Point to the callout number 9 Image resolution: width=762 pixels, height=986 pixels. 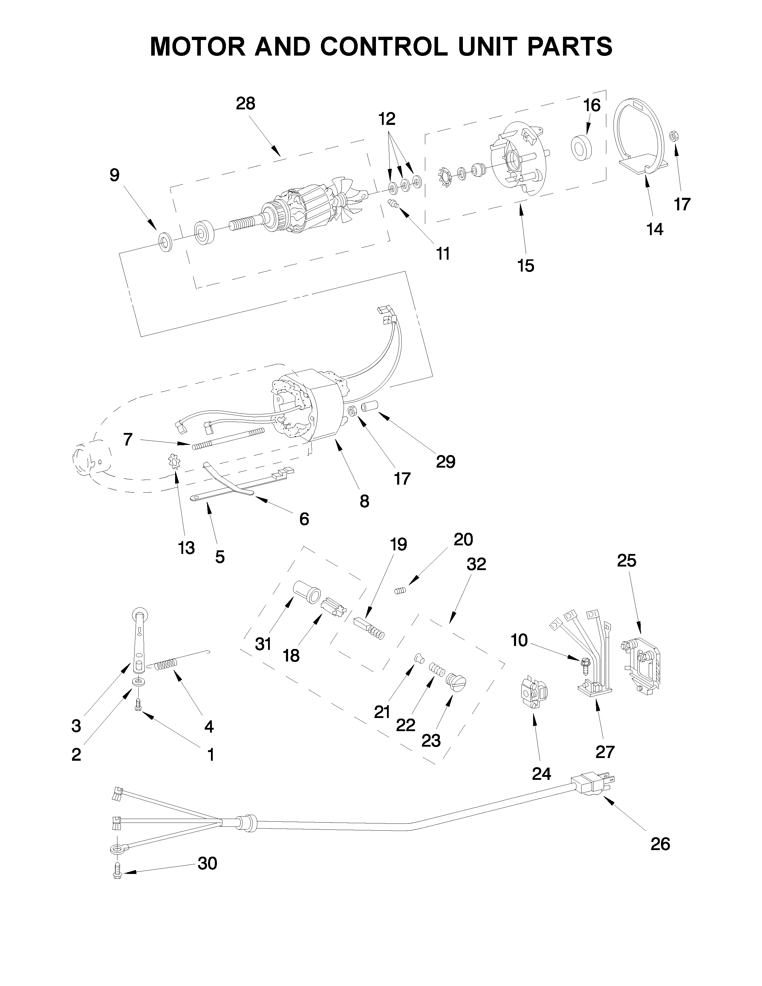pyautogui.click(x=115, y=175)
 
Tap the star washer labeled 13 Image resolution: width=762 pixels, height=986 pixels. pyautogui.click(x=174, y=462)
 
